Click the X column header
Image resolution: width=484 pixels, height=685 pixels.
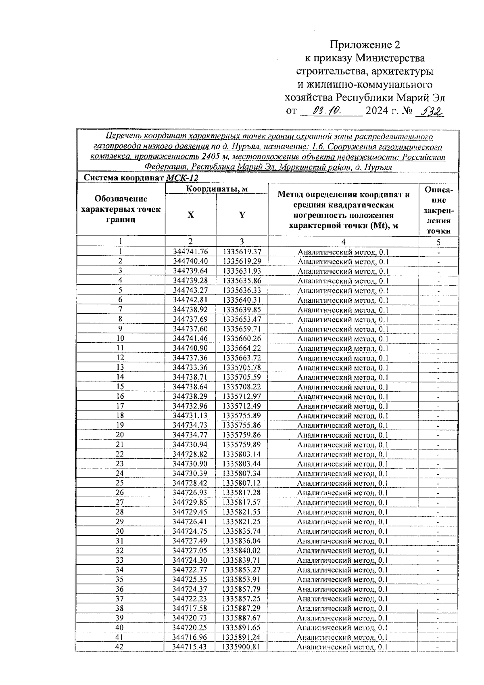(190, 215)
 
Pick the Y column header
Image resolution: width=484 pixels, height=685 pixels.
(242, 215)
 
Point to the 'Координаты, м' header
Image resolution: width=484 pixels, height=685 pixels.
(216, 189)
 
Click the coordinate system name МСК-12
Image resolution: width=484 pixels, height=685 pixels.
(182, 178)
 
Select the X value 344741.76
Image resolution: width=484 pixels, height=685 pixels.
(190, 252)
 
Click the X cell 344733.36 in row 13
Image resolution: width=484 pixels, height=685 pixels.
(190, 367)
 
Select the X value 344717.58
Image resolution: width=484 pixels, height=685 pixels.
(190, 608)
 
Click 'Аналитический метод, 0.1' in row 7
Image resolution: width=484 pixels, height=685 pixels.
(343, 310)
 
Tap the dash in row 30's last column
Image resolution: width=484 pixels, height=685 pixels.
(438, 532)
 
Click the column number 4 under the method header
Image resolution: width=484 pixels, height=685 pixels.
(343, 242)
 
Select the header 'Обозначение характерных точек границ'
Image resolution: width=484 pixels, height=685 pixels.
(121, 209)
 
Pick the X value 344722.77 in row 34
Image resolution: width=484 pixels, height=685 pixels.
(190, 570)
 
